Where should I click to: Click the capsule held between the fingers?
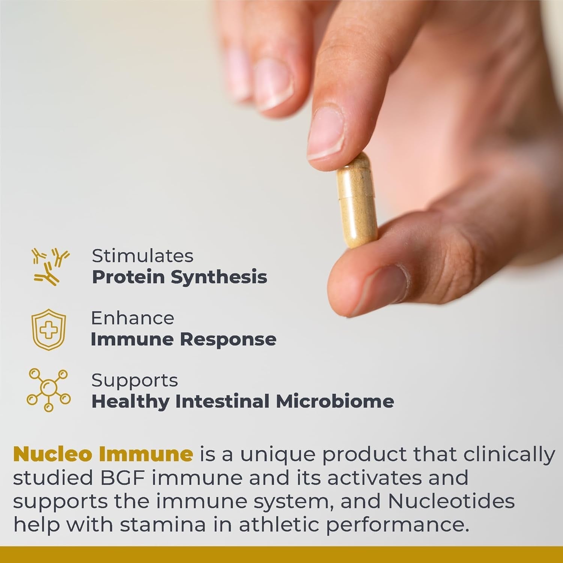click(x=357, y=201)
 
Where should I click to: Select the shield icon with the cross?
click(x=48, y=329)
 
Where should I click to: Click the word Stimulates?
click(x=143, y=256)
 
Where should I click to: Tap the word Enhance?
click(x=132, y=318)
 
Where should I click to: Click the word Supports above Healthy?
click(x=134, y=381)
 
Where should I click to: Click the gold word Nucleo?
click(x=53, y=454)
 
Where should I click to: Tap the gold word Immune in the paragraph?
click(x=146, y=454)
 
